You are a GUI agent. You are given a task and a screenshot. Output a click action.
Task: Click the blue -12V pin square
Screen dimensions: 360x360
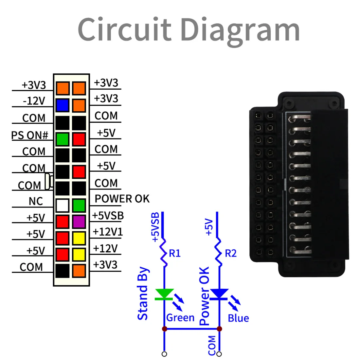pyautogui.click(x=63, y=105)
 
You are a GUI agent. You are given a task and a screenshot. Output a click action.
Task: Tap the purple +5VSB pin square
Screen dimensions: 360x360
pyautogui.click(x=79, y=222)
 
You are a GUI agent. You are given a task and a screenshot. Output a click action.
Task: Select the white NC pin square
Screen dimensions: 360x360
pyautogui.click(x=63, y=205)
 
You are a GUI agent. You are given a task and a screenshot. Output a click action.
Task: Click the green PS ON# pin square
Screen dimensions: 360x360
pyautogui.click(x=63, y=139)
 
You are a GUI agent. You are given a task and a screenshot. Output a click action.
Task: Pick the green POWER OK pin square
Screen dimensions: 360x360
pyautogui.click(x=79, y=205)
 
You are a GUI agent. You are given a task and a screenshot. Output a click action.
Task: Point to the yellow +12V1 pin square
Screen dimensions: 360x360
pyautogui.click(x=79, y=238)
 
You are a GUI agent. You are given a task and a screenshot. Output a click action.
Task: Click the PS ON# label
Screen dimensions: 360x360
pyautogui.click(x=30, y=135)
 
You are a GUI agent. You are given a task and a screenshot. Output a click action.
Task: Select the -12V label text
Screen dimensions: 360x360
pyautogui.click(x=34, y=101)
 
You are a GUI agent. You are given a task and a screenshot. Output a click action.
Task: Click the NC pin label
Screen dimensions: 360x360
pyautogui.click(x=36, y=201)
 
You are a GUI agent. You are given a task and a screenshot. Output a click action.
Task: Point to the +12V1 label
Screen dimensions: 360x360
pyautogui.click(x=108, y=232)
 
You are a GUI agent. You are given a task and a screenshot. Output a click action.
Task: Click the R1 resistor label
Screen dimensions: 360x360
pyautogui.click(x=175, y=253)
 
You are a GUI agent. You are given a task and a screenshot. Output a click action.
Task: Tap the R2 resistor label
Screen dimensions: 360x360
pyautogui.click(x=230, y=253)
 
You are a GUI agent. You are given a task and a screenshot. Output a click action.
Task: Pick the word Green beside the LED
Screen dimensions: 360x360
pyautogui.click(x=180, y=318)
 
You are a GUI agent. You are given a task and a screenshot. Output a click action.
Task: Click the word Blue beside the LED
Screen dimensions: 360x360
pyautogui.click(x=238, y=318)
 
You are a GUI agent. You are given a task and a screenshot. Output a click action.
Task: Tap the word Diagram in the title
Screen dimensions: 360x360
pyautogui.click(x=240, y=30)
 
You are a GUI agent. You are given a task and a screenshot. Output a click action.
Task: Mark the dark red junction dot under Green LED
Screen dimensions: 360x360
pyautogui.click(x=164, y=329)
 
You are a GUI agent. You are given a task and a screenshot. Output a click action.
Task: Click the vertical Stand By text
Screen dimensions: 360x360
pyautogui.click(x=143, y=294)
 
